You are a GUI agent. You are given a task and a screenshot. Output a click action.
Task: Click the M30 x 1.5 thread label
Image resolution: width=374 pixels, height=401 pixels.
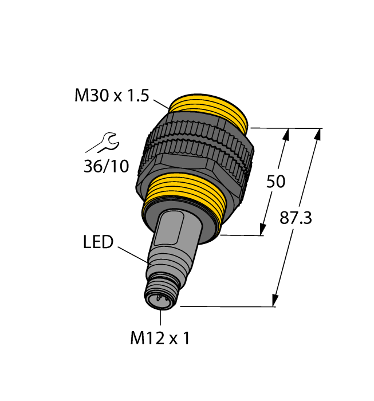111,96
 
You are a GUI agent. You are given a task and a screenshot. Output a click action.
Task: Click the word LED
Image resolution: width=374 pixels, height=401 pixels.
99,243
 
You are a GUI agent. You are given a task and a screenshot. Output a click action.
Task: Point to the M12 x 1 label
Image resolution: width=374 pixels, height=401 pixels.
160,339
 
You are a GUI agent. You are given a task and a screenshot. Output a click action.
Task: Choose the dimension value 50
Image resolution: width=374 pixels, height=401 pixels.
276,182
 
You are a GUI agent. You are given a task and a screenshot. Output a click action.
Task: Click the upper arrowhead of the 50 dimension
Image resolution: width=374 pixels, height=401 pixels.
286,135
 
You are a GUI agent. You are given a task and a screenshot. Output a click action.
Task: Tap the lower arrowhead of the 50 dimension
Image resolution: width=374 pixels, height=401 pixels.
263,229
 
